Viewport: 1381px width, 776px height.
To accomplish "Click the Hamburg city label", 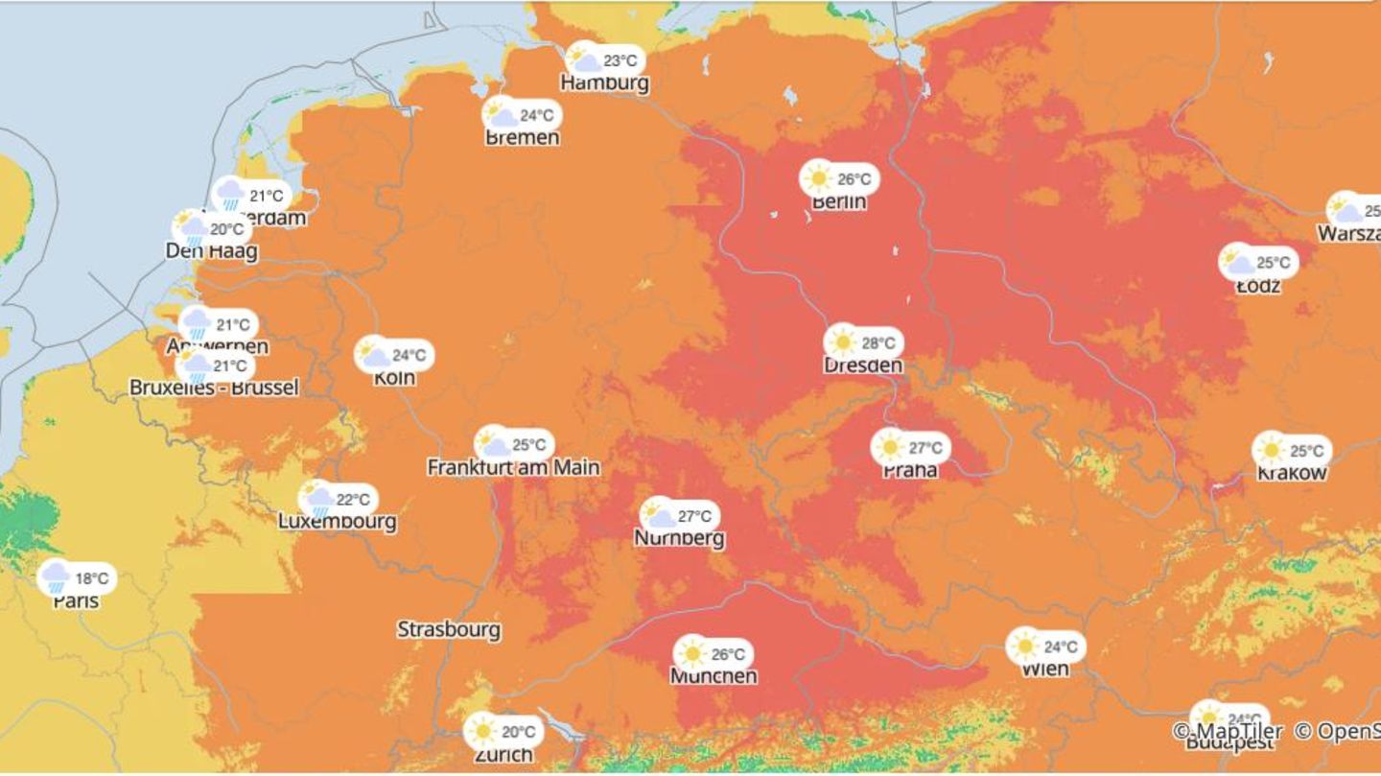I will (604, 82).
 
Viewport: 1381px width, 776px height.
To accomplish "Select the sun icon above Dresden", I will (842, 341).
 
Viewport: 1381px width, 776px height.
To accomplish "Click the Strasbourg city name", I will (449, 630).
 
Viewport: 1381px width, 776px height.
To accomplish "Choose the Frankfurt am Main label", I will (513, 467).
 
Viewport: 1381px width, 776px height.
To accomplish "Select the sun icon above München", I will (691, 654).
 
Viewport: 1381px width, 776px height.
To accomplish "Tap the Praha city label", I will (910, 470).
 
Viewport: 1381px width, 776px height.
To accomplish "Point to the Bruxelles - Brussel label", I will (214, 388).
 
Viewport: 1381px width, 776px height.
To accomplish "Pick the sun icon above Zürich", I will (482, 732).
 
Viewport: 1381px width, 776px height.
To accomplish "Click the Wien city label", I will (1044, 669).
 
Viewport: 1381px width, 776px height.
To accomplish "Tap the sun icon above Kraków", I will (1272, 450).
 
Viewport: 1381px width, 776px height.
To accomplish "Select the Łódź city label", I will (1258, 285).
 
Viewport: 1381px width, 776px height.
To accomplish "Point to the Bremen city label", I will (522, 137).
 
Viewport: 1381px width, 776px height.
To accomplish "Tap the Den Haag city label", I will (211, 251).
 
